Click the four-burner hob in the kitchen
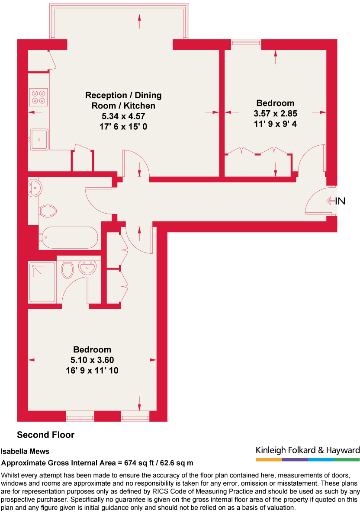point(39,96)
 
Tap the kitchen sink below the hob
point(39,139)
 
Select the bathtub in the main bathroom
point(69,237)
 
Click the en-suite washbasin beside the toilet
point(88,268)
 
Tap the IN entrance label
point(340,201)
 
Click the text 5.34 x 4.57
point(123,116)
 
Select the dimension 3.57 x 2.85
point(275,114)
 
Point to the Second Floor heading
point(45,435)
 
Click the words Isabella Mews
point(25,451)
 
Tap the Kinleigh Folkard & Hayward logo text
point(308,450)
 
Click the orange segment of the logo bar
point(269,459)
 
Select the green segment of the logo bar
point(347,459)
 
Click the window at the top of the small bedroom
point(246,43)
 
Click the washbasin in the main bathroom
point(34,188)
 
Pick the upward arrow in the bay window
point(139,21)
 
